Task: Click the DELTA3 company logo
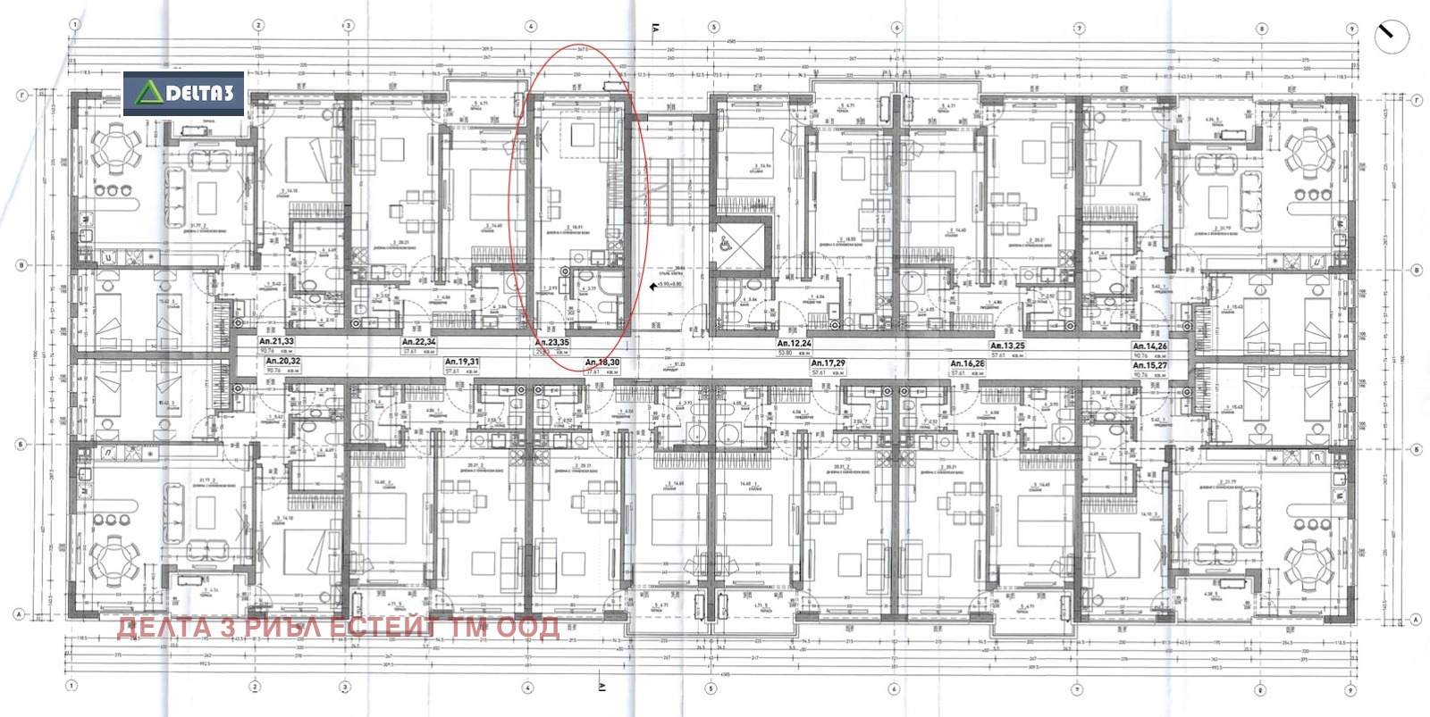[183, 93]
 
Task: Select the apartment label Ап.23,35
[551, 342]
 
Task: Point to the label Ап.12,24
[794, 343]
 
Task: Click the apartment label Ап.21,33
[276, 341]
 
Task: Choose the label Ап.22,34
[418, 341]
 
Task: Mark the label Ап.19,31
[462, 362]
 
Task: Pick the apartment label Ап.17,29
[828, 363]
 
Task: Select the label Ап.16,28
[968, 363]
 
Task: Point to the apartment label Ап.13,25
[1007, 346]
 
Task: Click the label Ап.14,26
[1149, 346]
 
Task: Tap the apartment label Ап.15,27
[1149, 365]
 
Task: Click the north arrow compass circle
[1391, 38]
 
